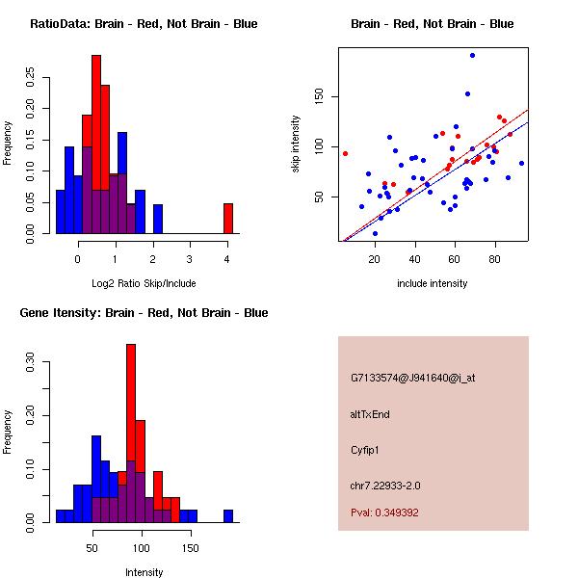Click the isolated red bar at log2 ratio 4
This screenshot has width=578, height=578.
[x=227, y=218]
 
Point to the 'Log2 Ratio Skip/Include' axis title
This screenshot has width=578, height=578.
[x=144, y=284]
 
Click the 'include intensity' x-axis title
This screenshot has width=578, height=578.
[x=433, y=283]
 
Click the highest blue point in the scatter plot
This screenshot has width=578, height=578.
[x=472, y=55]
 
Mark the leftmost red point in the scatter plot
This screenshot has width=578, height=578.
[x=345, y=153]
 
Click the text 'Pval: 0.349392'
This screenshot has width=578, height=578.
[x=384, y=512]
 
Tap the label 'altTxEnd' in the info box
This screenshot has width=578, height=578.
[x=370, y=414]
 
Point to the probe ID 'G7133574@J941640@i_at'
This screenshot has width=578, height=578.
[x=413, y=378]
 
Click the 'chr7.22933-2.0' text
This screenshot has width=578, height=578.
[x=385, y=486]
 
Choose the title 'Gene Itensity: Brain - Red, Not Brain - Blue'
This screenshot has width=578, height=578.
[x=144, y=313]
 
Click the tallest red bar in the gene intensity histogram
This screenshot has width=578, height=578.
[x=130, y=405]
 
